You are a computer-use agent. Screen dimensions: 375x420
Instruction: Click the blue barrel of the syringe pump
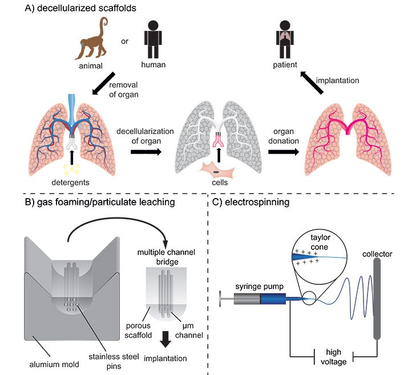272,297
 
